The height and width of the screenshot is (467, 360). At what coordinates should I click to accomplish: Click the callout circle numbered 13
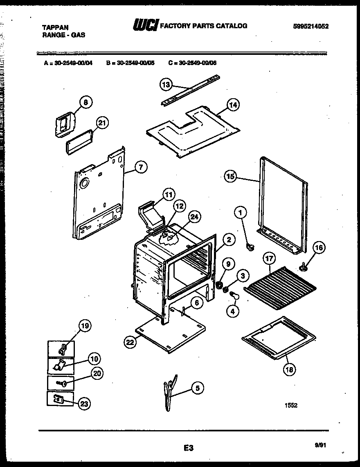click(165, 85)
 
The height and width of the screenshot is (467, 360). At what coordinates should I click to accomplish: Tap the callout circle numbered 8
click(85, 103)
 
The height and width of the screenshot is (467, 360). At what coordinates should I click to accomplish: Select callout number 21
click(103, 123)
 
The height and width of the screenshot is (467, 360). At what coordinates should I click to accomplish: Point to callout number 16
click(319, 248)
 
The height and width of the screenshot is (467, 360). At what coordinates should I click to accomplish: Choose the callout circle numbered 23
click(84, 404)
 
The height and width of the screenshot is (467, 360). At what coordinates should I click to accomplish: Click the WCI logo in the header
click(145, 26)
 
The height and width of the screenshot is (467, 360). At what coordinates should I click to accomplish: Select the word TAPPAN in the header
click(55, 27)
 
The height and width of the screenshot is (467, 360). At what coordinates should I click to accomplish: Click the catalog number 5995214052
click(311, 27)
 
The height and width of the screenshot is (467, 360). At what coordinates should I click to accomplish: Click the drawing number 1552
click(291, 405)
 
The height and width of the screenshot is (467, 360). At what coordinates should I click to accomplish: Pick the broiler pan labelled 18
click(278, 338)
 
